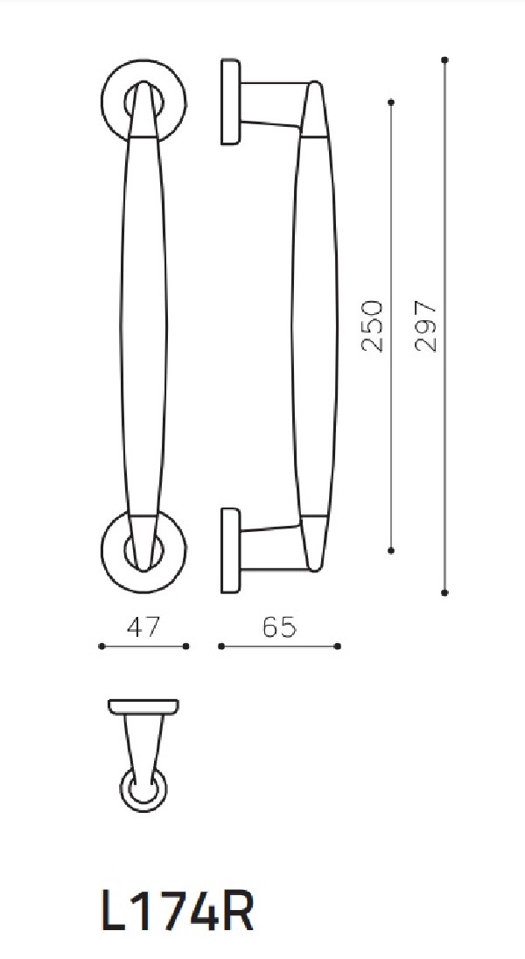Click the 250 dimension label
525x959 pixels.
(373, 325)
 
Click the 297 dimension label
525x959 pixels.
(426, 325)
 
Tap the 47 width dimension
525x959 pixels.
(143, 627)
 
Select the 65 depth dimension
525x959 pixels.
(279, 627)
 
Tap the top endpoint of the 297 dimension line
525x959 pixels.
(445, 59)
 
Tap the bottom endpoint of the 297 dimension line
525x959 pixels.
(445, 592)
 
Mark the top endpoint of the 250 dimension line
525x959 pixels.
(390, 102)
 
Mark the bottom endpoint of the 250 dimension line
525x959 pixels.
(390, 550)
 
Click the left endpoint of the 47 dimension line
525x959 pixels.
(102, 647)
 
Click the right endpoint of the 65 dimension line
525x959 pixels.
(339, 647)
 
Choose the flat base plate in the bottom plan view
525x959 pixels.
(143, 705)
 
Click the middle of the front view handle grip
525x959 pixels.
(141, 324)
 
